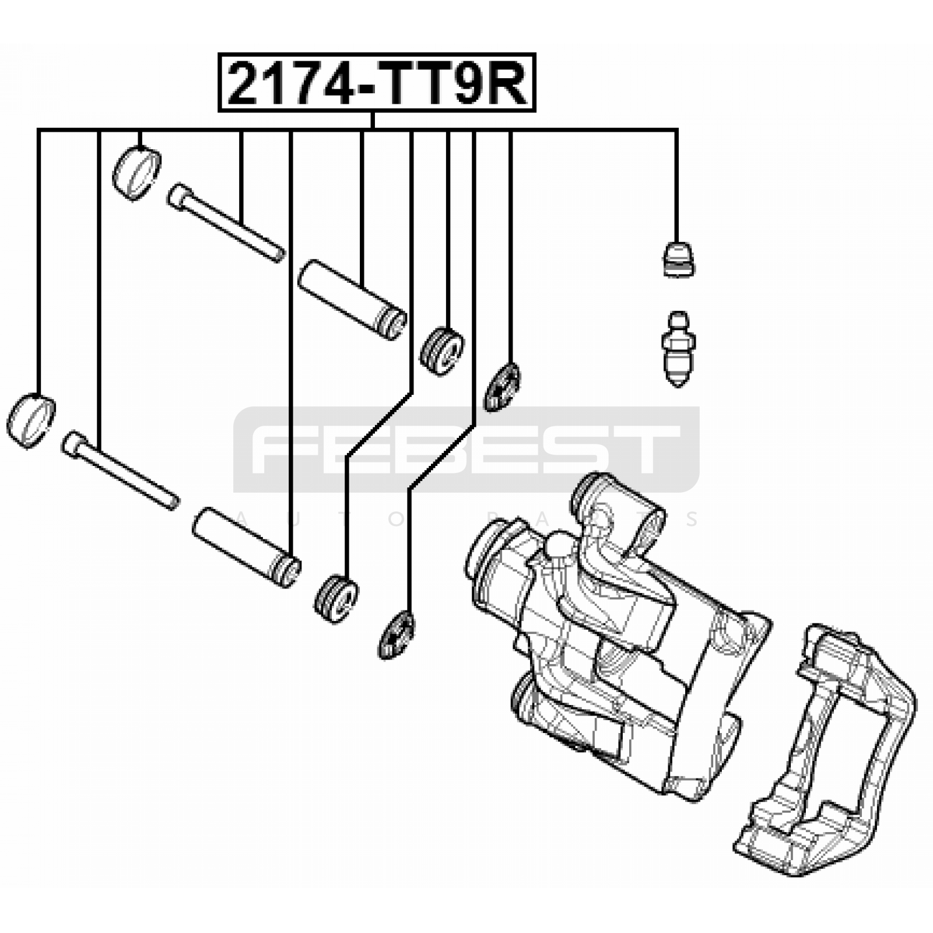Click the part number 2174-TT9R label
[377, 83]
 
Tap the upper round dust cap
[136, 174]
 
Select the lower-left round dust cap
[31, 421]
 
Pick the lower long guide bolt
[120, 470]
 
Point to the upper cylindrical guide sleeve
[352, 300]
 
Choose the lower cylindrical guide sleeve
[247, 547]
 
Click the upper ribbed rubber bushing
[442, 352]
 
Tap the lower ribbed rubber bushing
[336, 599]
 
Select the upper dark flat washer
[502, 387]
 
